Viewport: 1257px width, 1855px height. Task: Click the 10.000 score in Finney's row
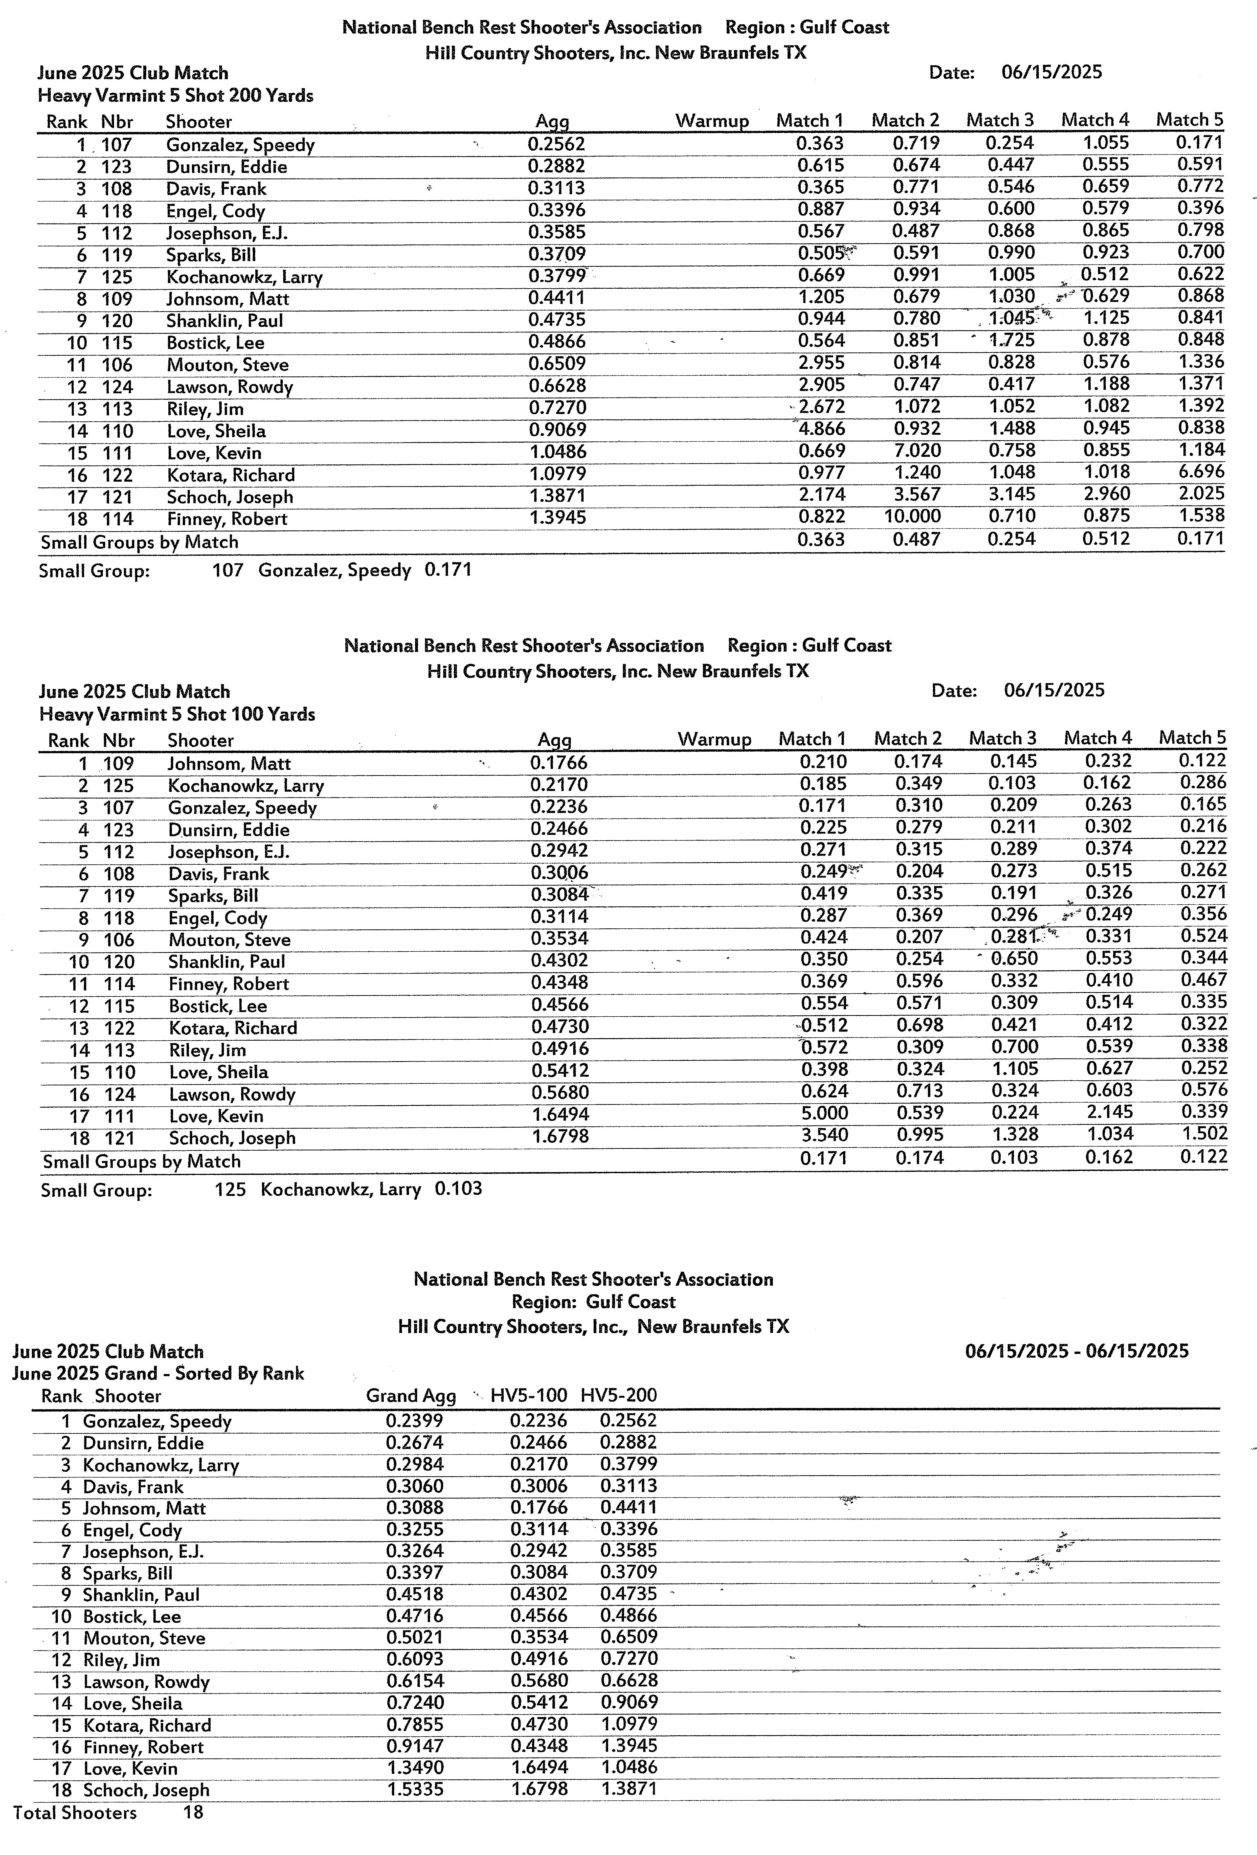[912, 517]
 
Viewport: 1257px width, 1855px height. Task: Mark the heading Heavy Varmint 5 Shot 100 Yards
[177, 714]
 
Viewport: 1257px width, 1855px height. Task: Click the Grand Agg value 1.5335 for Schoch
[415, 1790]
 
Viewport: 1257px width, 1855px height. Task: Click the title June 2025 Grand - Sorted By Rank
[158, 1374]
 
